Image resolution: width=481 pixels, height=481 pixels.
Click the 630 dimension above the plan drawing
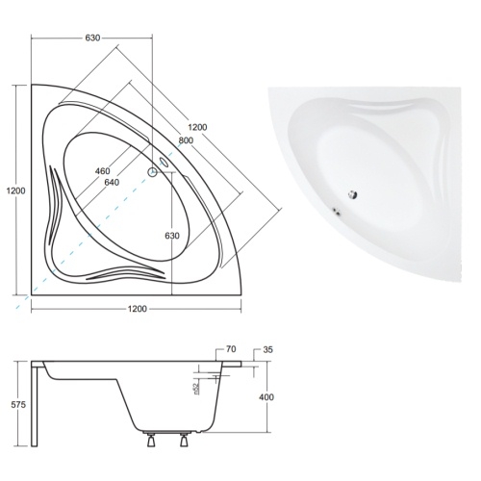92,38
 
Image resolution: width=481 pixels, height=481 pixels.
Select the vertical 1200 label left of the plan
16,190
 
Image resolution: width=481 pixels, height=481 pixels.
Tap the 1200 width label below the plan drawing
138,309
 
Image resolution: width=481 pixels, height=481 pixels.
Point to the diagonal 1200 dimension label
197,127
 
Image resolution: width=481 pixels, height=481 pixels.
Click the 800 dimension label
186,140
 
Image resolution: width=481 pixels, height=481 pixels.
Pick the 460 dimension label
103,171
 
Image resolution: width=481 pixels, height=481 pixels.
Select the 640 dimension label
112,183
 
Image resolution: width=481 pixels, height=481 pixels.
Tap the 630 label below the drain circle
172,236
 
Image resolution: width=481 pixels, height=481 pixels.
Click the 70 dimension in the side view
231,349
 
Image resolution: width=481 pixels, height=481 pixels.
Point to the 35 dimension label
267,349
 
